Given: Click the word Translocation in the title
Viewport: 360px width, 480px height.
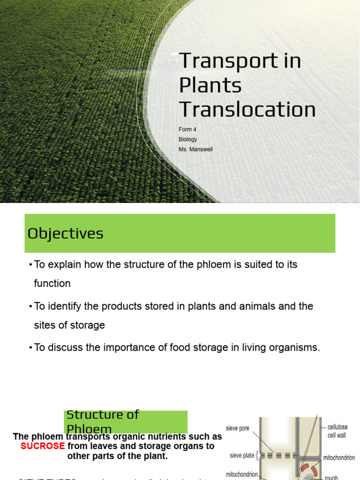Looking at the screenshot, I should point(247,110).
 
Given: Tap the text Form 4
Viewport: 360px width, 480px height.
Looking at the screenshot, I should point(188,129).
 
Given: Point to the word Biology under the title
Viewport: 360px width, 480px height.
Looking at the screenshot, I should point(188,139).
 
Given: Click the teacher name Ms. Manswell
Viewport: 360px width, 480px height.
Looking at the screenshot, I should point(195,150).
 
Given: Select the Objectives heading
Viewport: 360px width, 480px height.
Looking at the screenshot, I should point(65,233).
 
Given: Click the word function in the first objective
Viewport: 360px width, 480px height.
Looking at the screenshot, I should point(52,284).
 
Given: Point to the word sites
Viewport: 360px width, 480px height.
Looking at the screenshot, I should point(45,325).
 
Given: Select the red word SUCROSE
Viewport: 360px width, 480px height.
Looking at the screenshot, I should point(43,446).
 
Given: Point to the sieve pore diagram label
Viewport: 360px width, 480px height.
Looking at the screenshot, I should point(238,428).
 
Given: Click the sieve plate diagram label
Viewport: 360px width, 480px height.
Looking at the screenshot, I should point(242,455).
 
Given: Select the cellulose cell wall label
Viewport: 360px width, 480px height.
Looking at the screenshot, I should point(337,431).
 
